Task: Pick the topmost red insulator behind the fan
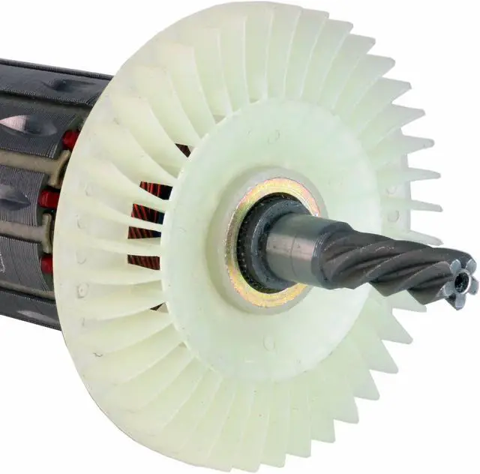coord(70,139)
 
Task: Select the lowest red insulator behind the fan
coord(46,263)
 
